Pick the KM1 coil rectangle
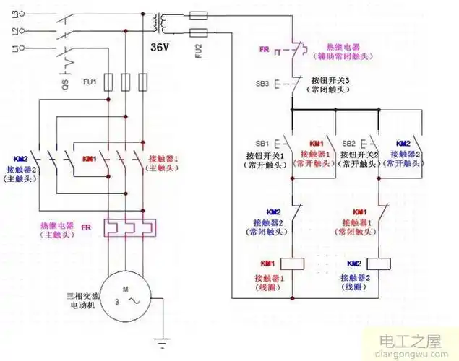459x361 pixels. point(290,264)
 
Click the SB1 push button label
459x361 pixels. point(262,143)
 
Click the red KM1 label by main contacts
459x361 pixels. point(89,158)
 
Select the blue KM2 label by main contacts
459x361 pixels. point(20,158)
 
